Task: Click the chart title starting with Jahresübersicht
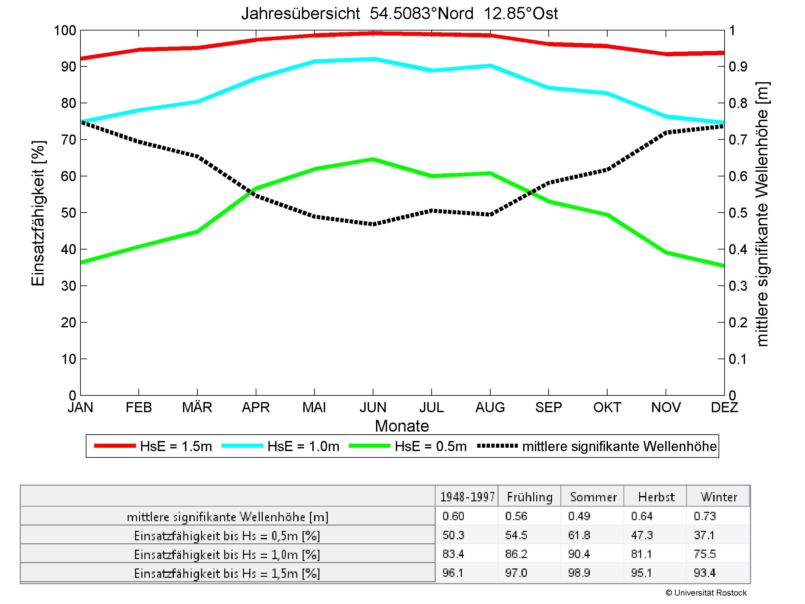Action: (x=399, y=14)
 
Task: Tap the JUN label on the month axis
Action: (x=373, y=407)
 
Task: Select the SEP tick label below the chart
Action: (x=548, y=407)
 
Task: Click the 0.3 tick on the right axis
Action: (x=738, y=286)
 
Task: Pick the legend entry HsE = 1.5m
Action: (x=153, y=446)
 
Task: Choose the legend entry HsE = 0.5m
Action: (x=408, y=446)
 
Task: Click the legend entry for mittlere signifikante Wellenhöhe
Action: (x=597, y=446)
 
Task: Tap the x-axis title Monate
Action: (x=402, y=426)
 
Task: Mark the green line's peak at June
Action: (x=373, y=159)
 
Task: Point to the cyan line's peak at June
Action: (x=373, y=59)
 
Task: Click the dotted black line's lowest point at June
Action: (x=373, y=224)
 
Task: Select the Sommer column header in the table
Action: (x=593, y=497)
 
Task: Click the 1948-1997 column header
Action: (x=467, y=497)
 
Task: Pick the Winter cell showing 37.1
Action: (x=704, y=535)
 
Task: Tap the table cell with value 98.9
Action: (x=579, y=573)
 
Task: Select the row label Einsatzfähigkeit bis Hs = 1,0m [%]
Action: (x=227, y=554)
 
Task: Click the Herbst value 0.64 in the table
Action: (x=642, y=516)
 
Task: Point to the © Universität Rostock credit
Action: (x=706, y=593)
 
